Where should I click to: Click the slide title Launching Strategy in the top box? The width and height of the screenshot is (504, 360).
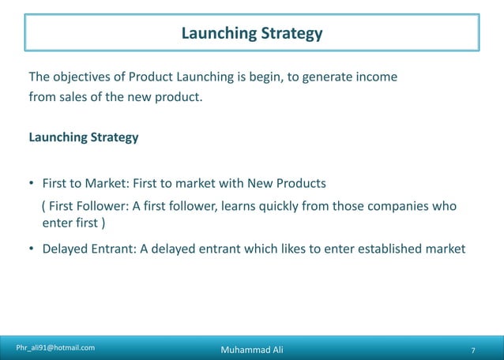pyautogui.click(x=251, y=33)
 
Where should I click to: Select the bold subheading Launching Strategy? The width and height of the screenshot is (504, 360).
pyautogui.click(x=83, y=137)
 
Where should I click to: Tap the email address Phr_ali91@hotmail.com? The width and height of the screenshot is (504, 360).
pyautogui.click(x=56, y=347)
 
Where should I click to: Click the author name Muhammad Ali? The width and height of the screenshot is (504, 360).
pyautogui.click(x=251, y=350)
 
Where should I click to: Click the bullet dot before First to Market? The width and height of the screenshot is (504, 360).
pyautogui.click(x=32, y=185)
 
